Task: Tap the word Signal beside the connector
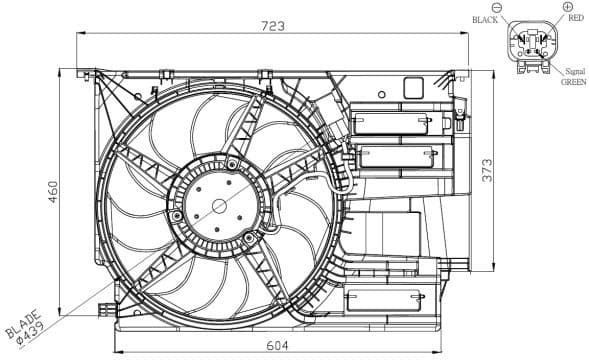[x=574, y=71]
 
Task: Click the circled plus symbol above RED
[x=567, y=7]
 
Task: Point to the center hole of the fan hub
[x=220, y=206]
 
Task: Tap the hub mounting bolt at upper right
[x=233, y=164]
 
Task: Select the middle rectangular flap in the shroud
[x=399, y=157]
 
